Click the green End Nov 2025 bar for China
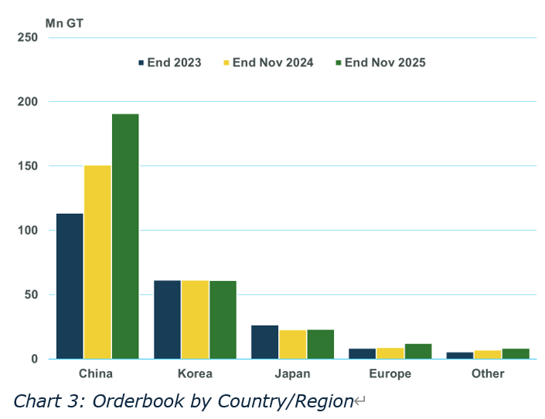click(125, 236)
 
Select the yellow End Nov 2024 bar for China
click(97, 262)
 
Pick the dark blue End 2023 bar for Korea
click(167, 319)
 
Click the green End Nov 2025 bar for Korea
click(223, 319)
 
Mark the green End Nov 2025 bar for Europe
click(417, 351)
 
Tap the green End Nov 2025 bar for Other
click(515, 353)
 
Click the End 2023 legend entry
click(170, 63)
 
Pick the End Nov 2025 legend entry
click(380, 63)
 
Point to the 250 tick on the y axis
click(27, 38)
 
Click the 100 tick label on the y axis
click(27, 230)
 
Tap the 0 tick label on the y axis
click(33, 359)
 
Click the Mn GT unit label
click(64, 23)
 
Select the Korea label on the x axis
click(195, 373)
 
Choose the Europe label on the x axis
click(390, 373)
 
